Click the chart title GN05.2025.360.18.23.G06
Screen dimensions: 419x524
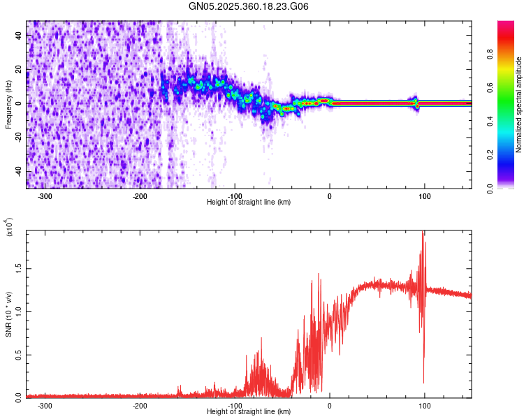pos(249,6)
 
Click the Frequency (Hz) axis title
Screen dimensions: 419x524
pos(8,105)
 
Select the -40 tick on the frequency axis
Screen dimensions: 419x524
pos(19,172)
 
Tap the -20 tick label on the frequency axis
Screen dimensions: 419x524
pos(19,138)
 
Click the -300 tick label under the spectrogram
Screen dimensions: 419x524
pos(45,196)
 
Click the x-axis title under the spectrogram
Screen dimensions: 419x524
pos(249,203)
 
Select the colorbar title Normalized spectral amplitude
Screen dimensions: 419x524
pos(519,105)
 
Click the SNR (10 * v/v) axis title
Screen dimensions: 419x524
pos(8,314)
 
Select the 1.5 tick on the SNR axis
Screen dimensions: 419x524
pos(19,267)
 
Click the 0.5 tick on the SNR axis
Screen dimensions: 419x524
pos(19,354)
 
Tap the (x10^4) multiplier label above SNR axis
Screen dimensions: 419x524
pos(8,227)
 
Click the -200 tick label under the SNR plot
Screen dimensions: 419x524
pos(140,405)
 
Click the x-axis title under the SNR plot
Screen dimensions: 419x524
pos(249,412)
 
